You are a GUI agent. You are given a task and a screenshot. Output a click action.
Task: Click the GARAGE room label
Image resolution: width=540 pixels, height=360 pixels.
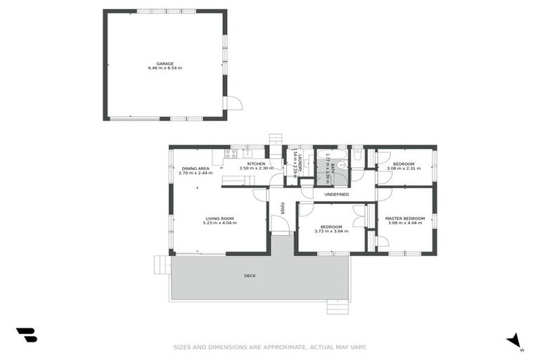point(165,63)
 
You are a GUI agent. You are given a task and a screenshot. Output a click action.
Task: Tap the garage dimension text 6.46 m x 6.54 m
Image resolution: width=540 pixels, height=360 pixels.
point(165,68)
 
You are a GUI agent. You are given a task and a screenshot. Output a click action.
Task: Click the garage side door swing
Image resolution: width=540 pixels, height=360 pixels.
point(233,103)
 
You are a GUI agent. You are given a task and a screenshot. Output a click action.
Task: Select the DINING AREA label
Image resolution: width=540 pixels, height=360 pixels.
point(195,169)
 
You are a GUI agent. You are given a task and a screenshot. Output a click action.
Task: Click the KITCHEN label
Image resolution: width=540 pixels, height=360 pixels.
point(255,164)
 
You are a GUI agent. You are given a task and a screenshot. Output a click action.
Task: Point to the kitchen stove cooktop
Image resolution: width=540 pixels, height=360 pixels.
point(231,154)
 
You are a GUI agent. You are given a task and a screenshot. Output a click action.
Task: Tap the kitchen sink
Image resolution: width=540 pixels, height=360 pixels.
point(247,153)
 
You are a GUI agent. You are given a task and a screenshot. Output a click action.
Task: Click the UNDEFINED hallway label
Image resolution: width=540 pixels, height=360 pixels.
point(336,194)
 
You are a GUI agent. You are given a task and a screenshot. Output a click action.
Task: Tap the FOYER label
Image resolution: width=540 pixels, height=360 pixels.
point(283,208)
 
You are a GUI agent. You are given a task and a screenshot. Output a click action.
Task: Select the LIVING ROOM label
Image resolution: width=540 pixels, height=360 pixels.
point(219,219)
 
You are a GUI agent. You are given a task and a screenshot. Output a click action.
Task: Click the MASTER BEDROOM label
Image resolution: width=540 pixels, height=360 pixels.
point(405,219)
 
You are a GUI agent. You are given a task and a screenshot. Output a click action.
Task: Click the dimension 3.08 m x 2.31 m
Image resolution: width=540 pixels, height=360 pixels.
point(404,169)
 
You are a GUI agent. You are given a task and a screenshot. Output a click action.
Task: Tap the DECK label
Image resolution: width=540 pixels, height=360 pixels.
point(250,276)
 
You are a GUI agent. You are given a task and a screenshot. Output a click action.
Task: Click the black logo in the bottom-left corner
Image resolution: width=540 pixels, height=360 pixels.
point(26,335)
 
